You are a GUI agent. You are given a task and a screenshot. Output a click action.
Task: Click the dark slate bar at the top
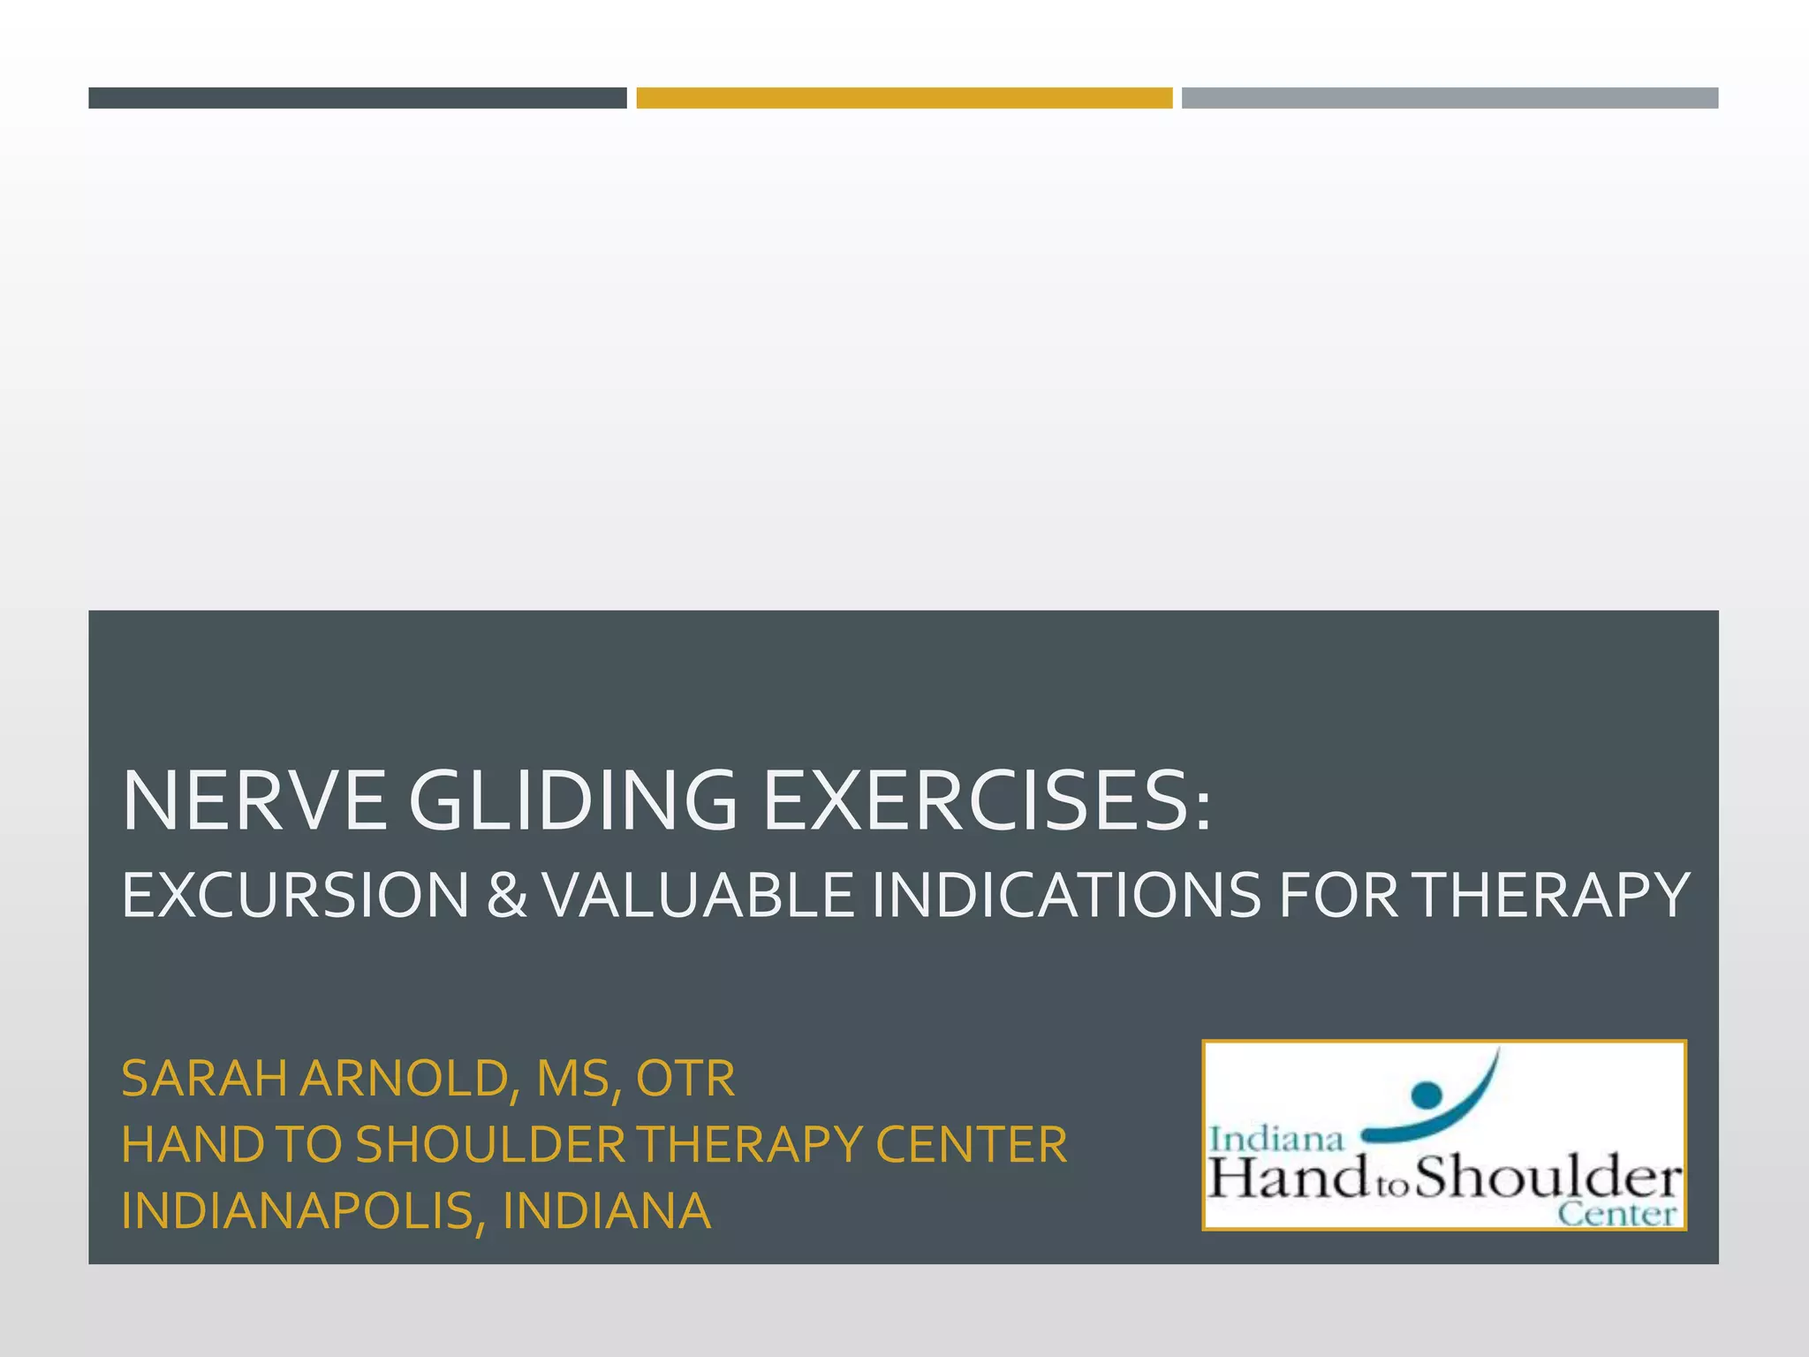[357, 98]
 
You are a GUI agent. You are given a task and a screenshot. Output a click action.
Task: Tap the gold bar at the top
[904, 98]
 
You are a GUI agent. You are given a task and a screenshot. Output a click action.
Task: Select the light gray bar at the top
[1449, 98]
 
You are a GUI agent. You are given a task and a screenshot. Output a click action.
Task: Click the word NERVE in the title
[254, 800]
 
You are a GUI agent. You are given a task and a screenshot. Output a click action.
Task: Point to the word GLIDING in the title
[572, 800]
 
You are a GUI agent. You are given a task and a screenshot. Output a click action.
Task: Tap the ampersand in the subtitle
[506, 895]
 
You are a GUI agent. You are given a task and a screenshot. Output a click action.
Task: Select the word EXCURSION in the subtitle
[295, 895]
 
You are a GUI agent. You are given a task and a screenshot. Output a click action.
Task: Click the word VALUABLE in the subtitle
[698, 895]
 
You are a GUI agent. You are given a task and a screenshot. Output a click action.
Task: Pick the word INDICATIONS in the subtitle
[1066, 895]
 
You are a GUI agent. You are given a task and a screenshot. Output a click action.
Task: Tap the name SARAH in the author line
[204, 1079]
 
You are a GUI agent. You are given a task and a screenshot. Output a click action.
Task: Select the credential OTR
[685, 1079]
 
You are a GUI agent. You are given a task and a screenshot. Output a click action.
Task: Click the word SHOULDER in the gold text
[490, 1144]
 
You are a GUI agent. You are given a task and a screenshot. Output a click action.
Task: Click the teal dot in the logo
[1426, 1095]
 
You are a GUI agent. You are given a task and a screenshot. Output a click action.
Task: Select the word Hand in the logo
[1285, 1179]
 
